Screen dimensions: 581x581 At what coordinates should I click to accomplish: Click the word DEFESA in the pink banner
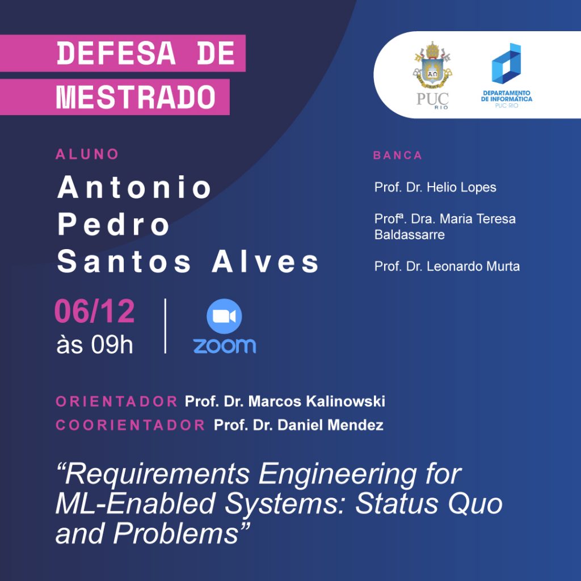[x=116, y=53]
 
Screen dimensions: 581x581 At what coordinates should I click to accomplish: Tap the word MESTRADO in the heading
[x=136, y=97]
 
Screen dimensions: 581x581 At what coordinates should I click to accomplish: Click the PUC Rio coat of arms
[x=432, y=66]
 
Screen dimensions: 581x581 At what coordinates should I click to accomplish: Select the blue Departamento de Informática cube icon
[x=506, y=64]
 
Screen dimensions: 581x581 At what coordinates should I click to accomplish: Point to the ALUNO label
[x=87, y=154]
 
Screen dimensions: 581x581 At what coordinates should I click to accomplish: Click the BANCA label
[x=398, y=155]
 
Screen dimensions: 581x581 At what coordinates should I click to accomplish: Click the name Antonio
[x=134, y=187]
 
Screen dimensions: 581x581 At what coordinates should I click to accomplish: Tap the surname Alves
[x=266, y=262]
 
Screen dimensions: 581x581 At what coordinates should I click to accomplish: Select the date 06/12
[x=95, y=311]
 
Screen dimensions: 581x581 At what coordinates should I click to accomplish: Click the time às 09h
[x=95, y=345]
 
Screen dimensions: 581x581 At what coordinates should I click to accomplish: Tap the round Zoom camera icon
[x=224, y=316]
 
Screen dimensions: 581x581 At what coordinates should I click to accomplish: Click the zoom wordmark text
[x=225, y=346]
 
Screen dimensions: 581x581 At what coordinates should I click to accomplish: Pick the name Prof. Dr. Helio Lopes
[x=435, y=187]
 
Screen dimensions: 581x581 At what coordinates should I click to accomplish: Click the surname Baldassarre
[x=410, y=234]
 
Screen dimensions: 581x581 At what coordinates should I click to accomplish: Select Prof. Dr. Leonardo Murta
[x=447, y=266]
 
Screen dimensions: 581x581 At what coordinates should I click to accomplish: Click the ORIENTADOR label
[x=117, y=402]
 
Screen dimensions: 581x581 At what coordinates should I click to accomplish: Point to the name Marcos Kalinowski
[x=317, y=401]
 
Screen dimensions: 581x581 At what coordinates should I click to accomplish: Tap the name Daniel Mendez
[x=331, y=425]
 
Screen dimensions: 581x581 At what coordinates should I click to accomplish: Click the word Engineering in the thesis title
[x=338, y=475]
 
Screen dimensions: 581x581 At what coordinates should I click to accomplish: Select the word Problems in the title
[x=176, y=533]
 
